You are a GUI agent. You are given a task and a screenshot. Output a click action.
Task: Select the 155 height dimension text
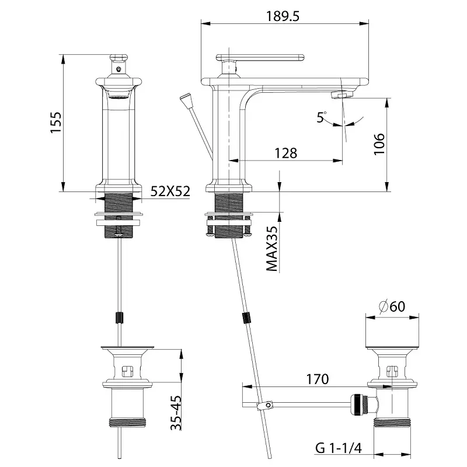tap(56, 123)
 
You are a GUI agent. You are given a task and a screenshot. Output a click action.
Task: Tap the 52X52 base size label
tap(170, 191)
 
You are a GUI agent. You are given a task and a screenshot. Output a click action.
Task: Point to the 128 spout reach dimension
tap(285, 153)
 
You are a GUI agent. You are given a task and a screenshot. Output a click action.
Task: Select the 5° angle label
tap(322, 118)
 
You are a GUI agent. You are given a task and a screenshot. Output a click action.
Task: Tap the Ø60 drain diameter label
tap(392, 305)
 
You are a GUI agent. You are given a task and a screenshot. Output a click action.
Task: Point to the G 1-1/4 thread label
tap(339, 448)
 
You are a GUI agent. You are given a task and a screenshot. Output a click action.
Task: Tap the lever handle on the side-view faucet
tap(263, 59)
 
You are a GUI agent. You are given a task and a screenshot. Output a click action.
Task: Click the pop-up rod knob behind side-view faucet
tap(186, 97)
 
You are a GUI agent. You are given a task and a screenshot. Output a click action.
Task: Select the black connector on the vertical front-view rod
tap(120, 318)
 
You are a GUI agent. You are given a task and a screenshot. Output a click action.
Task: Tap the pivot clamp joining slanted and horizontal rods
tap(267, 403)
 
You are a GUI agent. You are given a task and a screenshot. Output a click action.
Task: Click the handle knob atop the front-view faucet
tap(119, 58)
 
